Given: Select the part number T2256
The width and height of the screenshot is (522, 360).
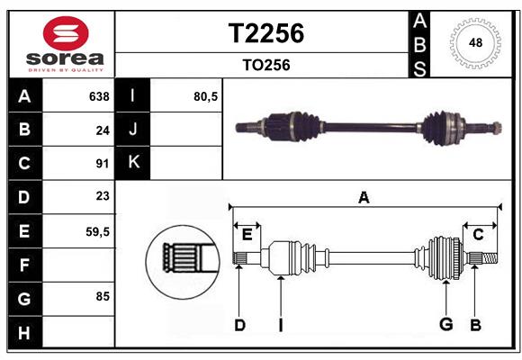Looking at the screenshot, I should (x=266, y=33).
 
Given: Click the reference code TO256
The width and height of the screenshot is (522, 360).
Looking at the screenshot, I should (x=265, y=65).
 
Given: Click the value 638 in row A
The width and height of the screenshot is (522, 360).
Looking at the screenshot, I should (x=99, y=96).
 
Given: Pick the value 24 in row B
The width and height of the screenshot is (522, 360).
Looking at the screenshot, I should (x=102, y=130).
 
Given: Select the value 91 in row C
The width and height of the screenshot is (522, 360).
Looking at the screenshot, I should (x=102, y=164).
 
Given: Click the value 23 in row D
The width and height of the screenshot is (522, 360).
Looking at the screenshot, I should (x=102, y=196).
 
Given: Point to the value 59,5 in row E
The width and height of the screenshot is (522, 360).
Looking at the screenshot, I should (x=97, y=231).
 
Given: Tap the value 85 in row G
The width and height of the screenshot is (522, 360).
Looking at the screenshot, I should (x=102, y=295).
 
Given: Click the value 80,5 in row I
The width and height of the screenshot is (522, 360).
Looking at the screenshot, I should (x=206, y=96).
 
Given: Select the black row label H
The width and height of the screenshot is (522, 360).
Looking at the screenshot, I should (x=24, y=334).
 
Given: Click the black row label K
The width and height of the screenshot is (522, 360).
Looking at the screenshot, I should (x=133, y=163).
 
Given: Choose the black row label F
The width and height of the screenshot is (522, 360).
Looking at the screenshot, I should (x=24, y=265).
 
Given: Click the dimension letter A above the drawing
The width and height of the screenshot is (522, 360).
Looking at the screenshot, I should (x=364, y=198).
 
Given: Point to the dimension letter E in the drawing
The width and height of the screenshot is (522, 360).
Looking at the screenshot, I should (x=247, y=235).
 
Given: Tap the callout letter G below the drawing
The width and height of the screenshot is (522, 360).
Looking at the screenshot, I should (x=445, y=324).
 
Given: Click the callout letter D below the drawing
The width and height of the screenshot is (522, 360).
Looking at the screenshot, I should (x=239, y=324).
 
